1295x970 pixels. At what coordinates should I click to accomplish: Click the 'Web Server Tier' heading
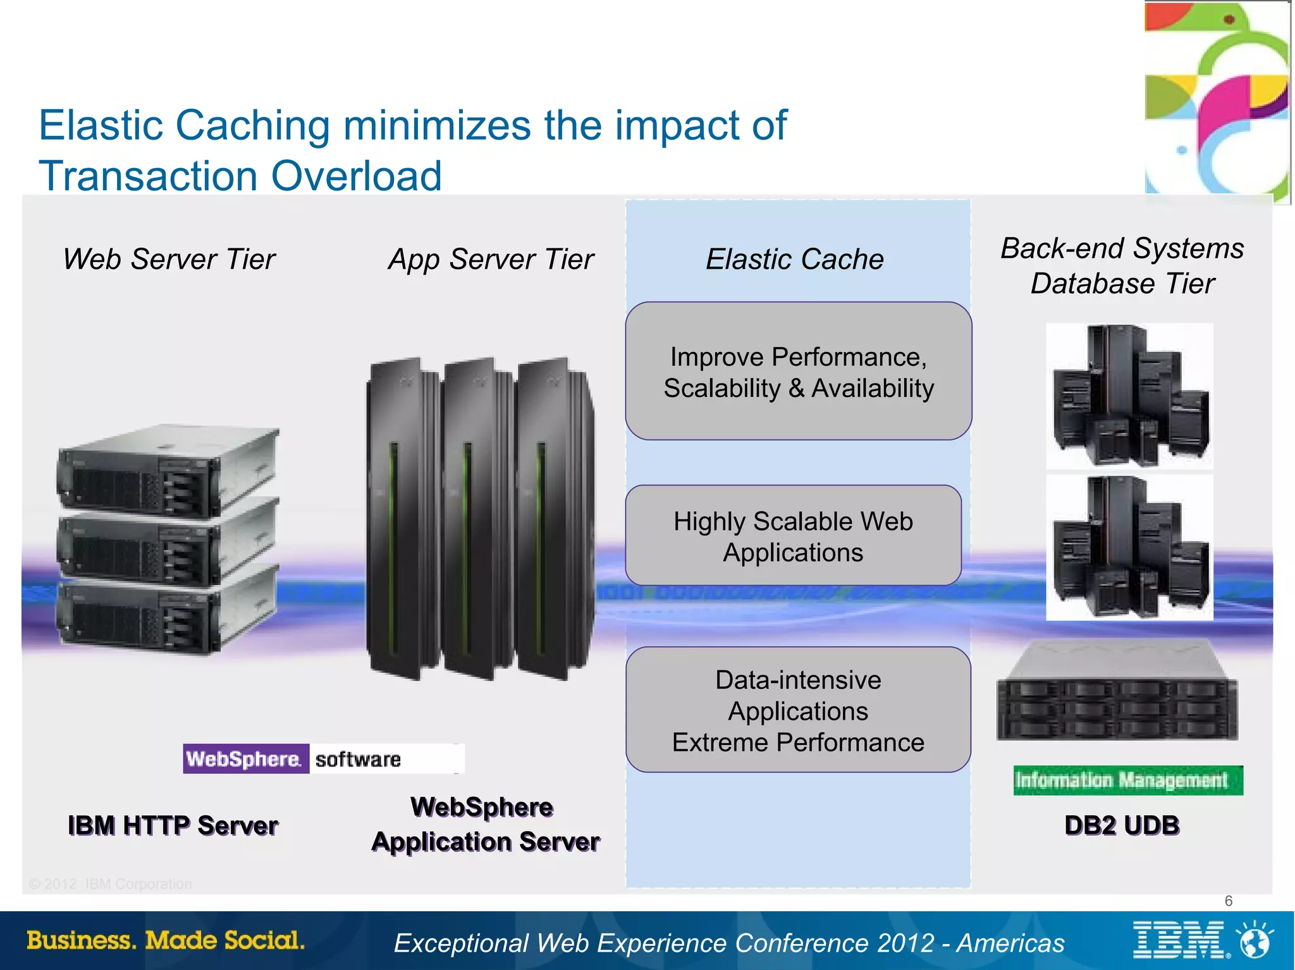pos(169,260)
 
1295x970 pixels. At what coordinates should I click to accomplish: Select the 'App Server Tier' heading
pos(491,260)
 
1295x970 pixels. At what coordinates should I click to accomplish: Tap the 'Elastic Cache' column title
pos(795,260)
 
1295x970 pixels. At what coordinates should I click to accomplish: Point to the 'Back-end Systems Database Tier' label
pos(1122,266)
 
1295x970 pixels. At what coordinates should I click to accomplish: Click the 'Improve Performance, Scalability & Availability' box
pos(798,372)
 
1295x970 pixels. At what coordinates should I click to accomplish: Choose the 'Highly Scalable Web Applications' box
pos(793,536)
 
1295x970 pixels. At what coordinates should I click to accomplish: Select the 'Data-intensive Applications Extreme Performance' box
pos(798,710)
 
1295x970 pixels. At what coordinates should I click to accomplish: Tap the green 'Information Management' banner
pos(1127,780)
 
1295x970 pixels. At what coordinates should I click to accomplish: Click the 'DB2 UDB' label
pos(1122,825)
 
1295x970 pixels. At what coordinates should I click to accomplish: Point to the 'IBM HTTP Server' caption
pos(173,825)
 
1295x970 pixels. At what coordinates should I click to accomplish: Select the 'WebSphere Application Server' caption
pos(485,825)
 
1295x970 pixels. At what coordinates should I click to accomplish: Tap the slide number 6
pos(1228,900)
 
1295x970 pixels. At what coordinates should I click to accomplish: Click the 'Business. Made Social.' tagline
pos(166,940)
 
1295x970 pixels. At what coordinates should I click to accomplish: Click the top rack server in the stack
pos(168,471)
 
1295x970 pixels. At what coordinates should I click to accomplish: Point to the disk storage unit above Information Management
pos(1117,692)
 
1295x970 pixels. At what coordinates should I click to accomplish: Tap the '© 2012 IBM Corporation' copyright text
pos(111,884)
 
